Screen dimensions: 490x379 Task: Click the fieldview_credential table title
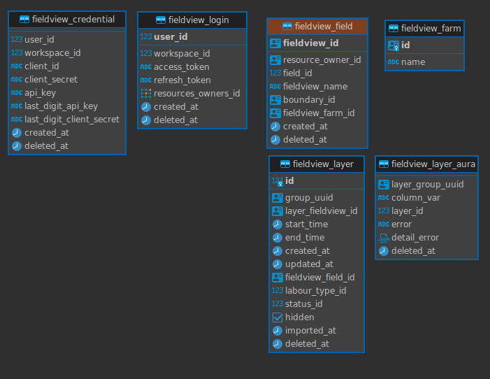pos(73,20)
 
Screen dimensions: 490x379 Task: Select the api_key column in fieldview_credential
pos(40,93)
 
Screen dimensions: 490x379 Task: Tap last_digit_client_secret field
pos(72,120)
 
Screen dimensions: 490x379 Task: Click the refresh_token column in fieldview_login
pos(182,80)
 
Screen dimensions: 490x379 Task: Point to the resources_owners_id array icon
pos(146,94)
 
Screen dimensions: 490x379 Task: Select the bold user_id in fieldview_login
pos(171,37)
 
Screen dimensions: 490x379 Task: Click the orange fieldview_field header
pos(317,27)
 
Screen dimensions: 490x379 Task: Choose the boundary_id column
pos(309,100)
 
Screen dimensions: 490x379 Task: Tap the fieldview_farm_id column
pos(319,113)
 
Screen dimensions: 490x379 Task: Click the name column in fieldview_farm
pos(413,62)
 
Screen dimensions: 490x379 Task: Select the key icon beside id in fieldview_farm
pos(394,45)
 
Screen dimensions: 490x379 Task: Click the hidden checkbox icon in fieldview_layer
pos(278,317)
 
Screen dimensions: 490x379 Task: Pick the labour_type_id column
pos(316,291)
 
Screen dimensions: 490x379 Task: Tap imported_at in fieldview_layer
pos(310,331)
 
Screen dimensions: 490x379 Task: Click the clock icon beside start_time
pos(278,224)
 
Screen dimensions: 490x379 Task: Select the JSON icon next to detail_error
pos(384,238)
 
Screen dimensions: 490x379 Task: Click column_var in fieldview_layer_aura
pos(416,198)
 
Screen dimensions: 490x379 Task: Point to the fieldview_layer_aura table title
pos(433,164)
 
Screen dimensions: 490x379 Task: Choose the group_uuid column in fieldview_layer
pos(309,198)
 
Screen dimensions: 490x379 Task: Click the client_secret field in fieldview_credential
pos(51,80)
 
